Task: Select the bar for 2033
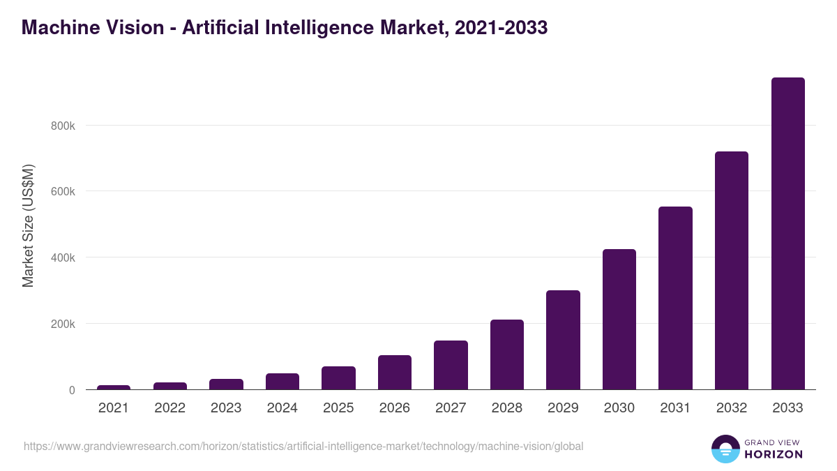click(787, 234)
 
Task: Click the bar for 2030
click(619, 320)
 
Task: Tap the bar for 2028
click(506, 354)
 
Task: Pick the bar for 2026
click(394, 373)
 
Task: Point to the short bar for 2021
click(114, 387)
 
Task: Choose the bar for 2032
click(731, 271)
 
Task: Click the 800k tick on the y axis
click(62, 126)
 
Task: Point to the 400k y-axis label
click(62, 258)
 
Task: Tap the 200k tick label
click(62, 324)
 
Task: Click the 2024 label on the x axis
click(282, 408)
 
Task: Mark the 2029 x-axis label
click(563, 408)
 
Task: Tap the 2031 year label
click(675, 408)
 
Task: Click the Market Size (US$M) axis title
click(28, 225)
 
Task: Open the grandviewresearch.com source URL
click(303, 446)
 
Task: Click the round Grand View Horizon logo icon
click(725, 449)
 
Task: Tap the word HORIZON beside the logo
click(774, 454)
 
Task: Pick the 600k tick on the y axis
click(62, 192)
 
